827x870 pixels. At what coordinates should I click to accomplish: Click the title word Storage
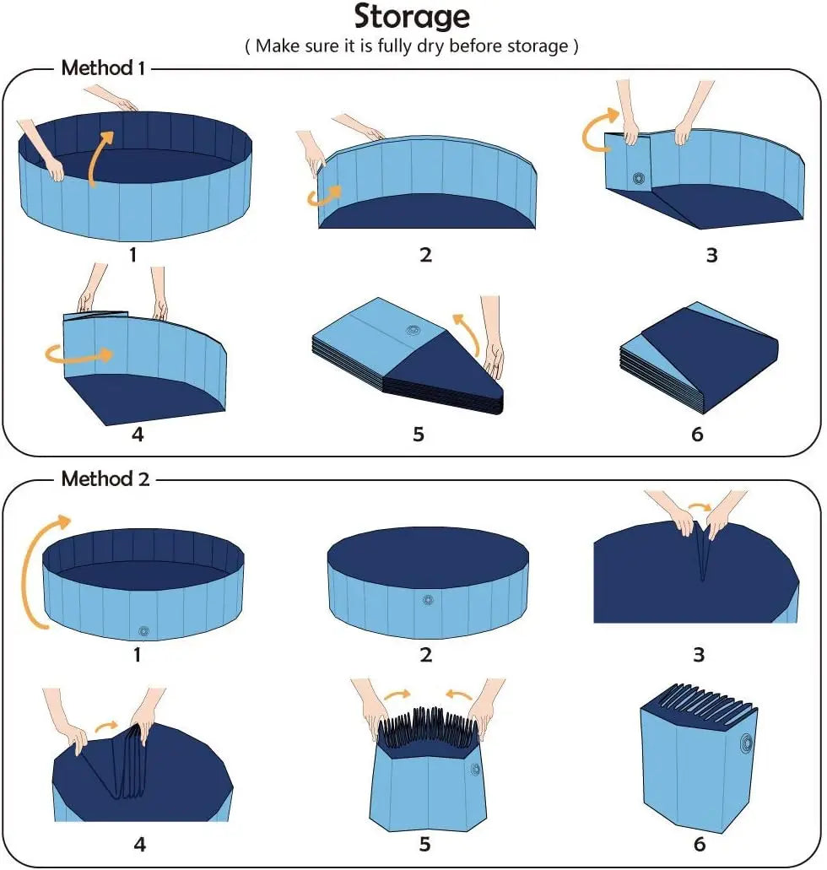412,17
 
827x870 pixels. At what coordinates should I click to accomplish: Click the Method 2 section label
105,479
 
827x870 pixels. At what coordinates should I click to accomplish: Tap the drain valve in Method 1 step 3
638,178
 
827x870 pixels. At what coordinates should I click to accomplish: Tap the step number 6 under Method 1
697,435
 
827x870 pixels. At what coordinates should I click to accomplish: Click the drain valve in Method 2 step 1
143,631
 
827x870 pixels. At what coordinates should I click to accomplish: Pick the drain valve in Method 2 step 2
427,600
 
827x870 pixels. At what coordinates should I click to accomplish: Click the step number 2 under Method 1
426,255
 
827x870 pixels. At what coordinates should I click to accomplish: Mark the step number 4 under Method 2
140,844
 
